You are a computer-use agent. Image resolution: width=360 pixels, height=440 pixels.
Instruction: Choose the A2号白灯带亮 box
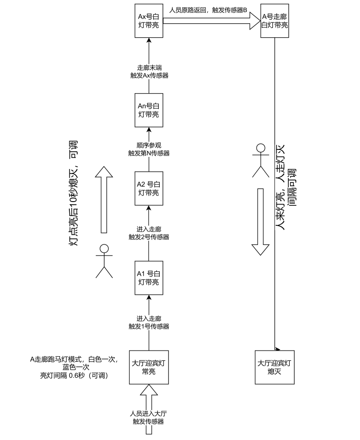tap(149, 189)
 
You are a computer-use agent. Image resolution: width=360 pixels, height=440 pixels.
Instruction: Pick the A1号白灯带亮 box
tap(149, 278)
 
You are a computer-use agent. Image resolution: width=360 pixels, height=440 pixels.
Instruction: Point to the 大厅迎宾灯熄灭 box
tap(274, 367)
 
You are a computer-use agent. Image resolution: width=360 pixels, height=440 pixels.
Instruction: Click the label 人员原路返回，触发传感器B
tap(208, 9)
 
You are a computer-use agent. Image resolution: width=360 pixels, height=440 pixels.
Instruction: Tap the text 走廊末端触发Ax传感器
tap(149, 71)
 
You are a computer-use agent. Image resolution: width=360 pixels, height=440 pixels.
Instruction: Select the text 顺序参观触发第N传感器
tap(149, 149)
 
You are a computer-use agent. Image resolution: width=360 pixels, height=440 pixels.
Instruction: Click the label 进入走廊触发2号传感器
tap(149, 233)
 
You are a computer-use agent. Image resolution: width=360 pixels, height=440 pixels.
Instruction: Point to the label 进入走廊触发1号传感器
tap(149, 322)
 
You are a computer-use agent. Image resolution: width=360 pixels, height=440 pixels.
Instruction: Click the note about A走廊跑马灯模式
tap(74, 367)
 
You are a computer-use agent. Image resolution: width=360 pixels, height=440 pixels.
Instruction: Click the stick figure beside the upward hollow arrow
tap(104, 261)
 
